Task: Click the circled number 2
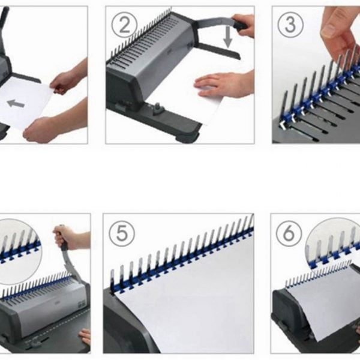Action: click(125, 25)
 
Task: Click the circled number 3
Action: click(290, 25)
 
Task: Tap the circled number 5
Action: click(122, 233)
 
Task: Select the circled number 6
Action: click(289, 233)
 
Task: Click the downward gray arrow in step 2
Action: click(228, 37)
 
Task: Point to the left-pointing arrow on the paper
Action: click(16, 104)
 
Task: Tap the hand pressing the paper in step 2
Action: click(224, 84)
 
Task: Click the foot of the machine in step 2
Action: click(187, 136)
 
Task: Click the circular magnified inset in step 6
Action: click(333, 244)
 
